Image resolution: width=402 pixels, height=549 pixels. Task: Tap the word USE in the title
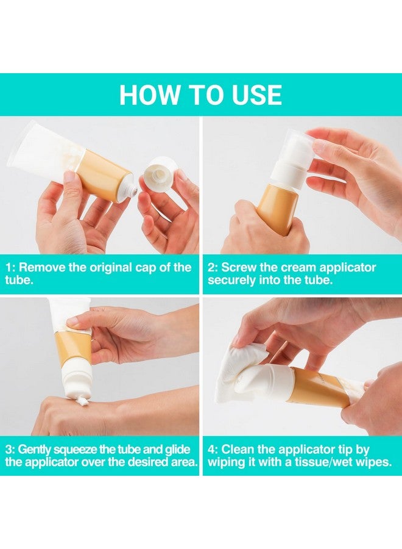(253, 95)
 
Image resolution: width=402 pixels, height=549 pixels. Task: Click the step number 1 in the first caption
(9, 268)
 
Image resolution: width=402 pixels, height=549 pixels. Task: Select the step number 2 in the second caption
(211, 268)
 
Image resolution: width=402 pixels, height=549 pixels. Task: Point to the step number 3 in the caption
(9, 450)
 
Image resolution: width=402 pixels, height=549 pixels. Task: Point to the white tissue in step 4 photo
(244, 366)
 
